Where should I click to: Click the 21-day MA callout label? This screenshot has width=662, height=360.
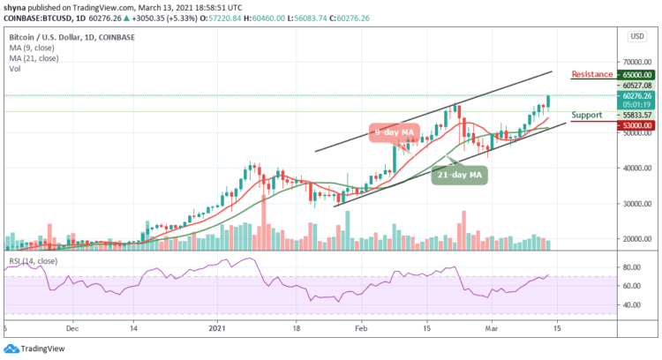(x=460, y=175)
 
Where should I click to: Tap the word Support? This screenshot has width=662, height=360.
(x=588, y=115)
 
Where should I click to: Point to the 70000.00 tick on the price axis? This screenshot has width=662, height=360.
(x=636, y=62)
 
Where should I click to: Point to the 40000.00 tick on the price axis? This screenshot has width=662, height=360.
(x=636, y=168)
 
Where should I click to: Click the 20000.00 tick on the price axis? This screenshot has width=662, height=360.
(x=636, y=239)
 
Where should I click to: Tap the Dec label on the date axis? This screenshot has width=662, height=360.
(x=73, y=326)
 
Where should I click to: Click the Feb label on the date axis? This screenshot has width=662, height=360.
(x=362, y=326)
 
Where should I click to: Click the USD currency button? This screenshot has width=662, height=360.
(x=635, y=36)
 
